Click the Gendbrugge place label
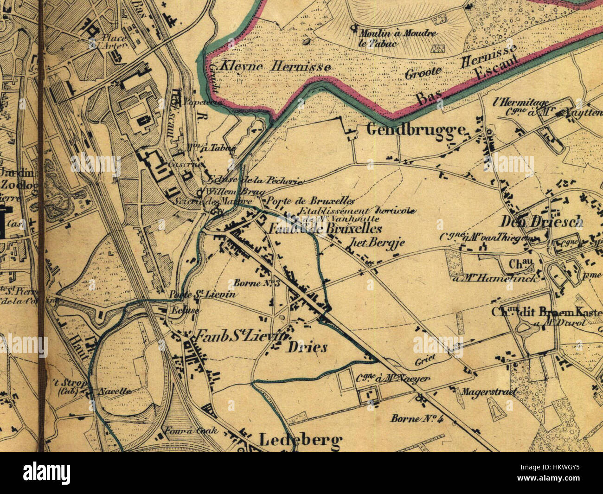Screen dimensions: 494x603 (416, 129)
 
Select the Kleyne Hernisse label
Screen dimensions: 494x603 (276, 67)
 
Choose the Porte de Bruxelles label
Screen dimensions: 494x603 (309, 201)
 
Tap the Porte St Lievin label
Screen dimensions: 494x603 (203, 295)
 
